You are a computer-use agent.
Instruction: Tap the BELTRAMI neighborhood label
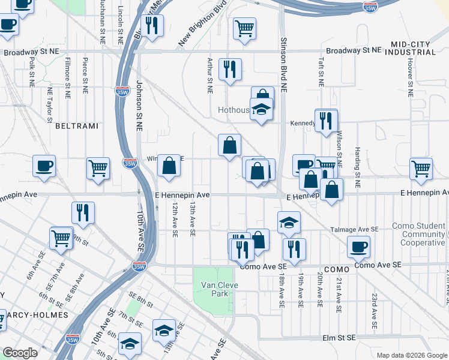point(73,126)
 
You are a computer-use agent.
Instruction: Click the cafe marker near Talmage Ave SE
point(359,246)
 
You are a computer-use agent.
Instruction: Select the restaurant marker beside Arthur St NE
point(230,70)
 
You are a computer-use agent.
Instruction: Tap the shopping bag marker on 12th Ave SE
point(169,166)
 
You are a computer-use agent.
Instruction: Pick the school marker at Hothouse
point(262,110)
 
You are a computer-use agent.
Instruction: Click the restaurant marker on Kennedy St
point(326,120)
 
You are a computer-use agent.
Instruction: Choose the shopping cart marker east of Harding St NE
point(421,168)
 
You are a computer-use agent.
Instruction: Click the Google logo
point(19,353)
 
